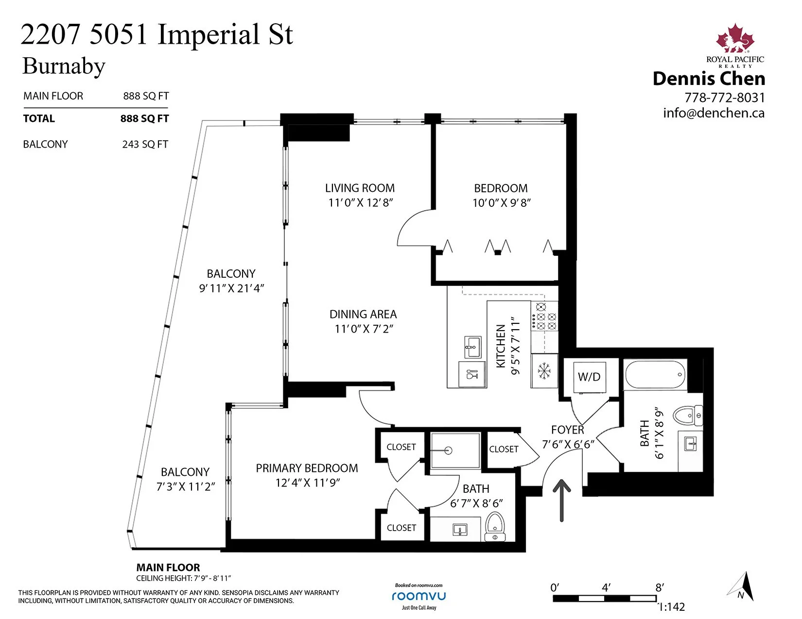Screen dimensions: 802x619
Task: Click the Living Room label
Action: point(360,188)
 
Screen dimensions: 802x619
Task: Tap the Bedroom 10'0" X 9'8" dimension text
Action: point(502,203)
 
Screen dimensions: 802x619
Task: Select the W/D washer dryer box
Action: point(590,377)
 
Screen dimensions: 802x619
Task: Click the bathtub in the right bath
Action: point(655,374)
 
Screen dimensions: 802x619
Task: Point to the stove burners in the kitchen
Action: point(544,317)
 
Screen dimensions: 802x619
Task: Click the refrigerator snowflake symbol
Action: point(544,371)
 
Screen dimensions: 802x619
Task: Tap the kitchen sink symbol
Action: point(472,347)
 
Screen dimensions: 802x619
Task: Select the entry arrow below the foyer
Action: point(562,500)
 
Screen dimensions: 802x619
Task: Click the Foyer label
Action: point(568,430)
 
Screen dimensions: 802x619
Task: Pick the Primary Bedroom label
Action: point(307,468)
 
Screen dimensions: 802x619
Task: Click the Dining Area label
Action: point(363,314)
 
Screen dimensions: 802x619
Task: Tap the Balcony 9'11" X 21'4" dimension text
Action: point(232,288)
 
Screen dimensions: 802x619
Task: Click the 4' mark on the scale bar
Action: point(606,587)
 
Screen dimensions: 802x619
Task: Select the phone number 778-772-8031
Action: point(725,98)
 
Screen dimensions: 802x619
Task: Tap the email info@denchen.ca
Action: point(714,113)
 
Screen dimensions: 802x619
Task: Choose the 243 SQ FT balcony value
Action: point(145,144)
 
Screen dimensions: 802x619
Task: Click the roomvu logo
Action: point(418,596)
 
